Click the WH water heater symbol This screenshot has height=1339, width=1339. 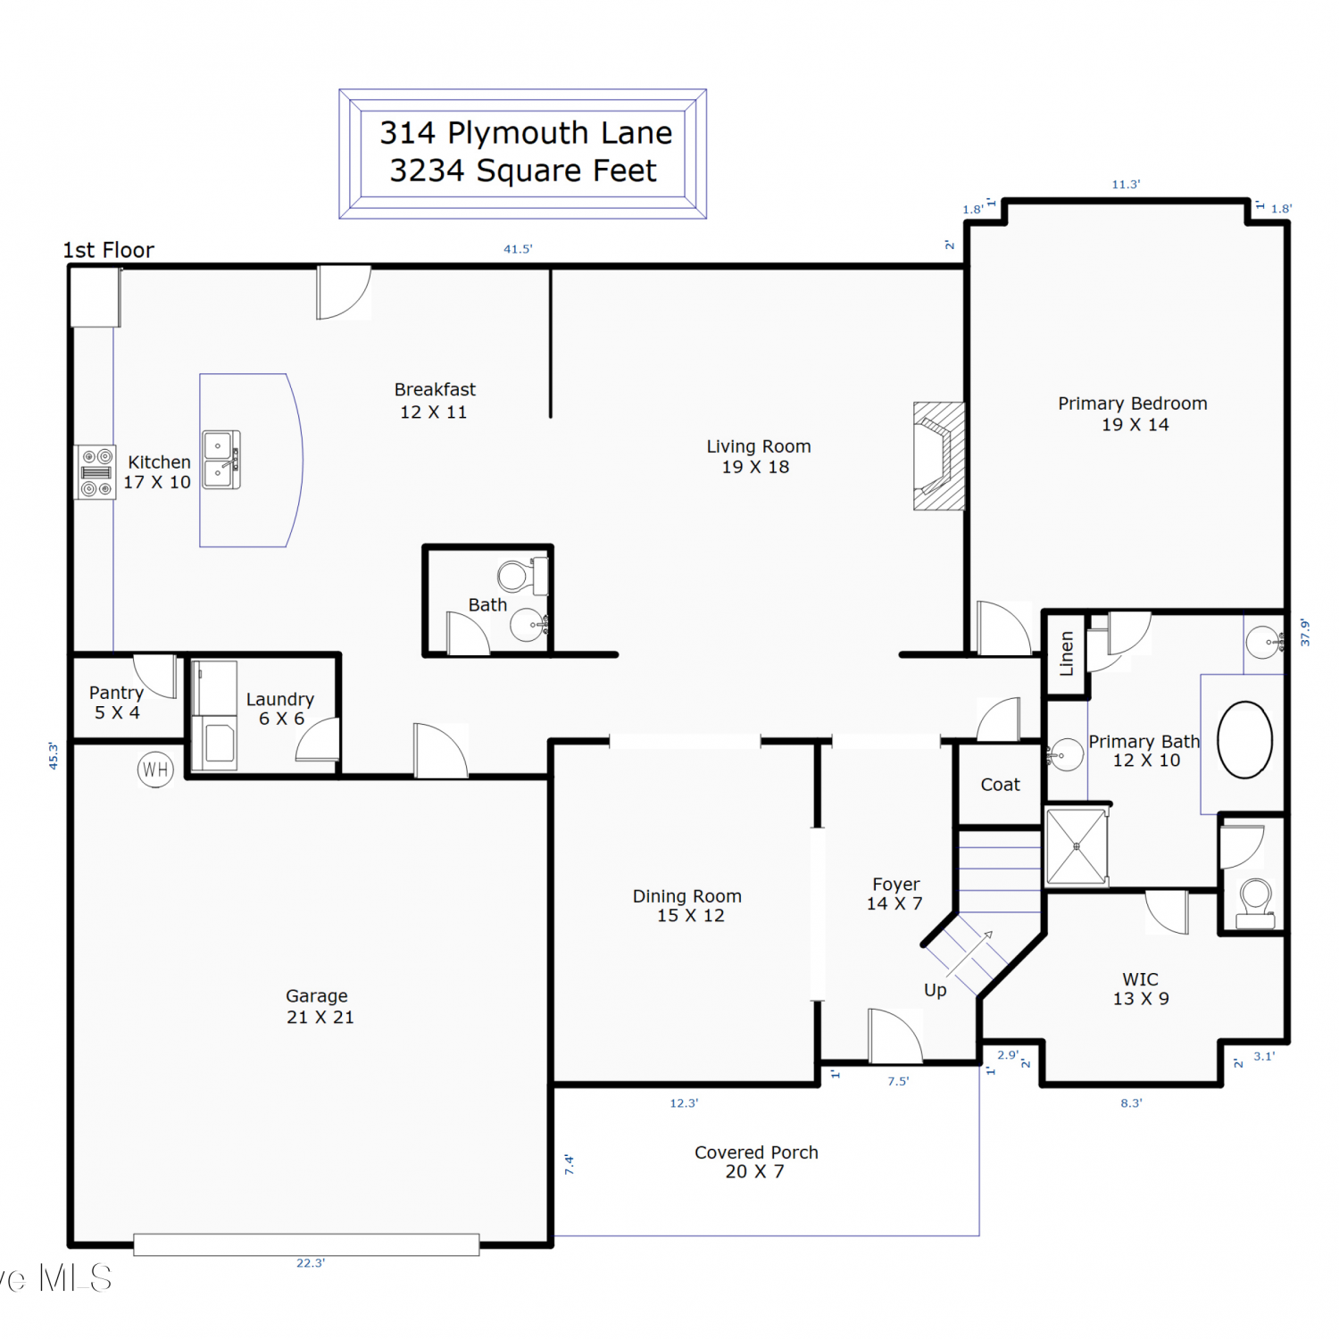(x=155, y=769)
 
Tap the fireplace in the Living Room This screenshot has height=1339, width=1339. (x=938, y=456)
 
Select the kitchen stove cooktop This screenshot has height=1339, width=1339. (x=96, y=471)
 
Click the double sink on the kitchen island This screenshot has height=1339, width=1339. (x=221, y=460)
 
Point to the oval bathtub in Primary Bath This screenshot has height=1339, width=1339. (x=1244, y=739)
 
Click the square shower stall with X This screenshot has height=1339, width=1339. (x=1077, y=846)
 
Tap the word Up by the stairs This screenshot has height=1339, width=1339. (x=935, y=990)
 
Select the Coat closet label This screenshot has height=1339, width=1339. (x=1000, y=785)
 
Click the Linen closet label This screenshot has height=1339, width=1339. (x=1066, y=653)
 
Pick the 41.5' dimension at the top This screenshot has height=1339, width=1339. (x=518, y=249)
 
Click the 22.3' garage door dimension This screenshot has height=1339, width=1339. (x=311, y=1263)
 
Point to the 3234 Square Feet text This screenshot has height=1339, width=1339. (x=523, y=170)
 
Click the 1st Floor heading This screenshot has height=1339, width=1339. (x=108, y=250)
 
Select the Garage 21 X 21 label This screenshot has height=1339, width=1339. (x=320, y=1006)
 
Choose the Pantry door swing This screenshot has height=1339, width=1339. (x=155, y=676)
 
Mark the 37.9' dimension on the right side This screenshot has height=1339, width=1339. (x=1305, y=632)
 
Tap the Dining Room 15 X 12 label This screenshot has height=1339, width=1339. (x=687, y=905)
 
